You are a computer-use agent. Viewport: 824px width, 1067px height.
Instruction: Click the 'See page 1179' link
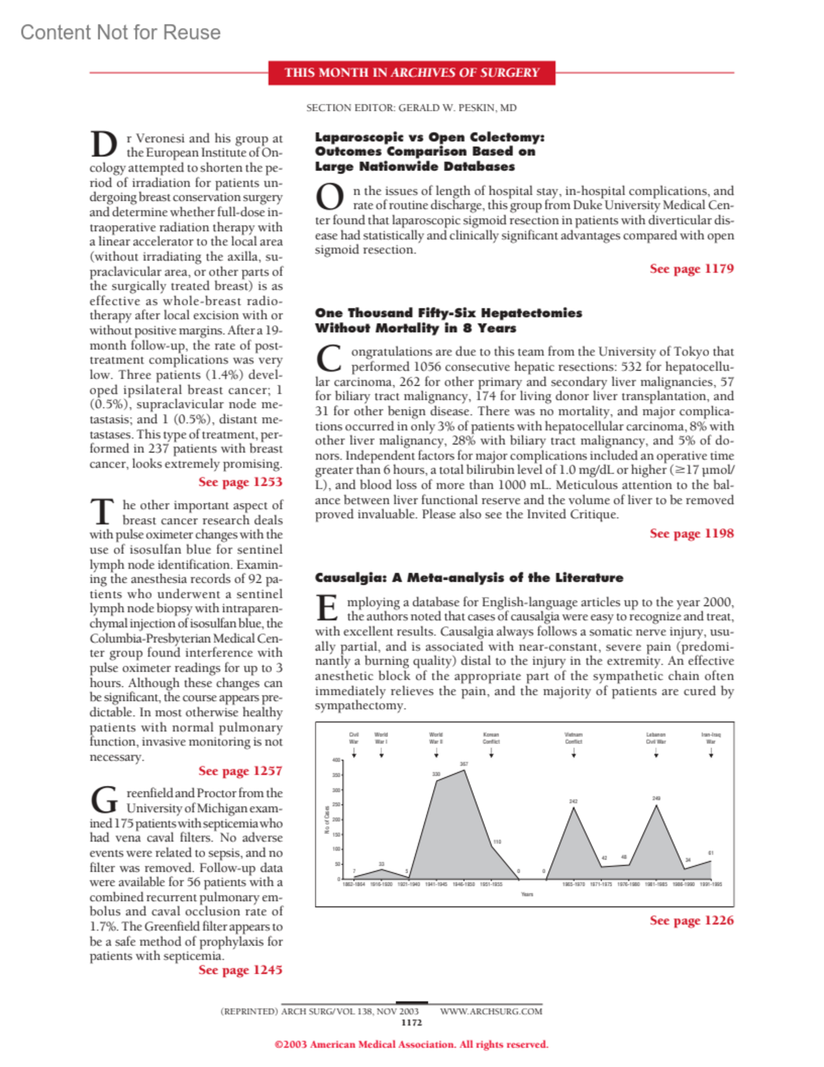(691, 269)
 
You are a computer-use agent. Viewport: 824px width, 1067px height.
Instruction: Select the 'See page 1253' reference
(240, 482)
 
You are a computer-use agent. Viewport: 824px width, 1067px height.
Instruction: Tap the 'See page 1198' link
(691, 533)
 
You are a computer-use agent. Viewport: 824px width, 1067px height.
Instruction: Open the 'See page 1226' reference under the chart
(691, 920)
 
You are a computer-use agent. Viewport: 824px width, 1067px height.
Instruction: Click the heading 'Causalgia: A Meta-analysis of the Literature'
(469, 578)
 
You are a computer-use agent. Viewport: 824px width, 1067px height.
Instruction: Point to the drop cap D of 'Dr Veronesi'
(104, 145)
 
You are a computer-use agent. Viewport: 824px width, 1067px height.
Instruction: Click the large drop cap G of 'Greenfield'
(104, 800)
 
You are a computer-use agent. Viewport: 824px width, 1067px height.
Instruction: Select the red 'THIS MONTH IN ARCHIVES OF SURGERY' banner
(411, 73)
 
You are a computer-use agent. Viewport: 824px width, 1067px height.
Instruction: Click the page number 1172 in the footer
(411, 1022)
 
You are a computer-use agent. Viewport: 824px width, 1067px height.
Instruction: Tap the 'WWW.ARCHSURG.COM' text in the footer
(491, 1011)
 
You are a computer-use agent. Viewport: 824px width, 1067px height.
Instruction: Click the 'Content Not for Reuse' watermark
(121, 32)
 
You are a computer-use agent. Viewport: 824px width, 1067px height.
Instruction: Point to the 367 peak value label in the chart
(464, 764)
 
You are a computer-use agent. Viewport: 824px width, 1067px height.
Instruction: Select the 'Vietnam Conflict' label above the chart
(573, 738)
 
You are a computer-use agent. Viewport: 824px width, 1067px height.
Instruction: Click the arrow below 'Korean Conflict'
(492, 753)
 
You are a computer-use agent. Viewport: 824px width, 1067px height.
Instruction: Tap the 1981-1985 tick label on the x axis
(656, 884)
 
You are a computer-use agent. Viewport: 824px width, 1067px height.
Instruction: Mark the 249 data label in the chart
(656, 798)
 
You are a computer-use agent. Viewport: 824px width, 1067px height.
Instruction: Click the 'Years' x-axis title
(527, 894)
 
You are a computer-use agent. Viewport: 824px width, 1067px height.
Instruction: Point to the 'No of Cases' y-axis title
(327, 820)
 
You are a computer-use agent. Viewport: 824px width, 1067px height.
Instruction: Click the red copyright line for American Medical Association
(411, 1044)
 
